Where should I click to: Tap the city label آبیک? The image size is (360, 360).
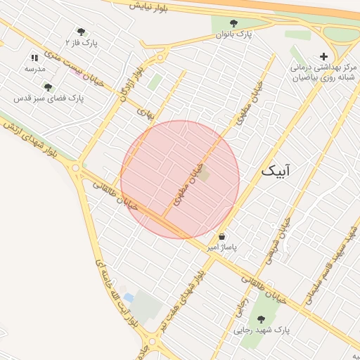pos(276,171)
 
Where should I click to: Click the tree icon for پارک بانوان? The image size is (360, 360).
pos(233,23)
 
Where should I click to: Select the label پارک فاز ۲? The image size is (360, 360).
pos(82,43)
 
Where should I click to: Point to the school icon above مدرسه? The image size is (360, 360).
pos(34,58)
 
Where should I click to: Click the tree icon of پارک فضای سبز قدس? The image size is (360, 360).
pos(48,87)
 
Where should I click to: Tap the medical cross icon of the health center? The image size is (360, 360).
pos(323,56)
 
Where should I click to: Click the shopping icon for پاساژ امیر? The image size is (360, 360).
pos(222,237)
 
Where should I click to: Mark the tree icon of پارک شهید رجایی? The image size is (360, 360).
pos(261,319)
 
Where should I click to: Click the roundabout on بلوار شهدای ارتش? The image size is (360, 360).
pos(75,167)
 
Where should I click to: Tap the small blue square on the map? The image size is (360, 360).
pos(129,297)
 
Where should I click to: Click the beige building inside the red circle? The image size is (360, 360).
pos(204,174)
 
